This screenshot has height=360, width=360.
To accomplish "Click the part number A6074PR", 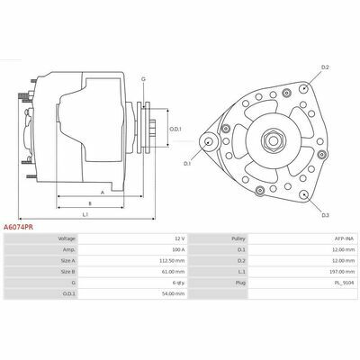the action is coord(18,227).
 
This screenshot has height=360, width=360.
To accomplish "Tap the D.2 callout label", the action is coord(325,67).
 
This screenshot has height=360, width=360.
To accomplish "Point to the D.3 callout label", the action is coord(326,215).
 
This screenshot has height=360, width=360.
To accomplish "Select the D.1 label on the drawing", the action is coord(187,164).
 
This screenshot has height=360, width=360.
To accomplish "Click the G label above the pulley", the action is coord(143,79).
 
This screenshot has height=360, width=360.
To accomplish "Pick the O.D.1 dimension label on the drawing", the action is coord(175,130).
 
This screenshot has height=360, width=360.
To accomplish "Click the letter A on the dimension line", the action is coord(103,193).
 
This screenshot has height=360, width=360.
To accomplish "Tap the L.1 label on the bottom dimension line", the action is coord(85,214).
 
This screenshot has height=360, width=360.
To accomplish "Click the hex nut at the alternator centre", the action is coord(273,140).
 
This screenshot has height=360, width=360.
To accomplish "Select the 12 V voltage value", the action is coord(180,238).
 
